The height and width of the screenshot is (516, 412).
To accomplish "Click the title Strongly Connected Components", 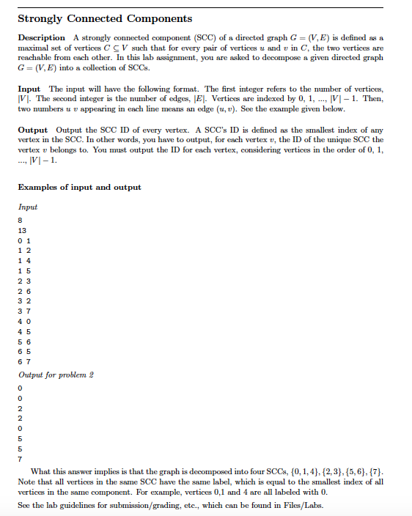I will pos(104,18).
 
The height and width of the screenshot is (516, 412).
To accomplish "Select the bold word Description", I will pos(41,37).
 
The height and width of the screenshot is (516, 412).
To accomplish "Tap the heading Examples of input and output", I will pos(79,187).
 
